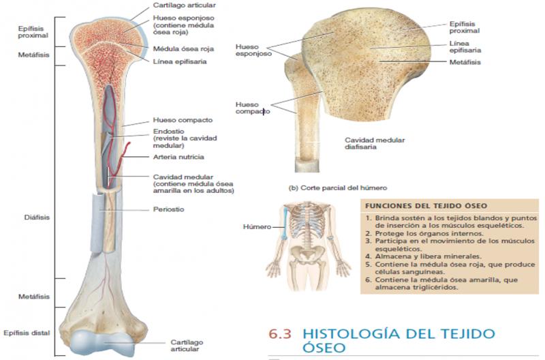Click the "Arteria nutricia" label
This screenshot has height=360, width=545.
[x=178, y=157]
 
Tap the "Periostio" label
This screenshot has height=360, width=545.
[x=168, y=209]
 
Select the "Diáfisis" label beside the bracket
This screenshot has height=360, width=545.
[x=37, y=217]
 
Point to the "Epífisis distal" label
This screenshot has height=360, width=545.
[x=27, y=333]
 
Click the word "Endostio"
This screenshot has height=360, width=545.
[x=168, y=131]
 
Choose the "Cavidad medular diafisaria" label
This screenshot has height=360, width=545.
[x=374, y=143]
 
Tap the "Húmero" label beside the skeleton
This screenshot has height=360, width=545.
[x=257, y=227]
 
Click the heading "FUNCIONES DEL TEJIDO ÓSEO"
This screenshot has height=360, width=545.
[x=426, y=206]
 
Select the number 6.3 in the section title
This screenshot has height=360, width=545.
[x=279, y=333]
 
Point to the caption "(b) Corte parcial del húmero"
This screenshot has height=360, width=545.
[x=338, y=187]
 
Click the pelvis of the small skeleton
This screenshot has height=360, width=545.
[x=307, y=252]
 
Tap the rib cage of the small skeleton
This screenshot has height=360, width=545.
[x=307, y=222]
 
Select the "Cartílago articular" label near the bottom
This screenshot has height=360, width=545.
[x=187, y=346]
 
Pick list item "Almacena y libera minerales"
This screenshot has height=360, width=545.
[x=429, y=256]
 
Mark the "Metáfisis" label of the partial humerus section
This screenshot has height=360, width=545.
[x=465, y=62]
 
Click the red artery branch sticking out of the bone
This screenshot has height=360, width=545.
[x=125, y=153]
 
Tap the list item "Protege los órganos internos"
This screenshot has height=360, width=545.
[x=429, y=233]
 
